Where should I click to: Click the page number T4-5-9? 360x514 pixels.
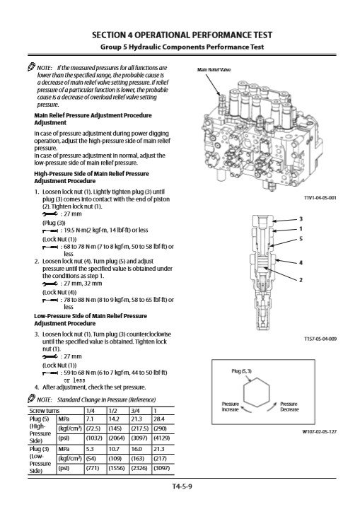[x=182, y=486]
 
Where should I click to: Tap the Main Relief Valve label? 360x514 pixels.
[x=214, y=69]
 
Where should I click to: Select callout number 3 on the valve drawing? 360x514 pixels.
[x=301, y=219]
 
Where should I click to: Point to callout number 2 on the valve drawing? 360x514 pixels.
[x=301, y=279]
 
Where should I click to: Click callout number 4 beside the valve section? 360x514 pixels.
[x=301, y=262]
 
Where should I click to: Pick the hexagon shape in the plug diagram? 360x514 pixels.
[x=257, y=392]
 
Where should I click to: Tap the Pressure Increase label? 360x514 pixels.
[x=231, y=407]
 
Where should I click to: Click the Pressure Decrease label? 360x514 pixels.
[x=289, y=407]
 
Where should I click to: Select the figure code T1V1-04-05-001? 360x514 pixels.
[x=320, y=198]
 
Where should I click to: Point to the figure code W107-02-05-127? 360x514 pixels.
[x=320, y=431]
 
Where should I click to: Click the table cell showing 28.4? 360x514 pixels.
[x=159, y=419]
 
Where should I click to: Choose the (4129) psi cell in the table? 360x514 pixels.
[x=161, y=438]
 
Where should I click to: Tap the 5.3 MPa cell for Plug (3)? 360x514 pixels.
[x=90, y=449]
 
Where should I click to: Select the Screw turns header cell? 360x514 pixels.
[x=45, y=411]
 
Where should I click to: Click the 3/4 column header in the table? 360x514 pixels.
[x=135, y=411]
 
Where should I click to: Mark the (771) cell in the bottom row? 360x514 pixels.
[x=93, y=468]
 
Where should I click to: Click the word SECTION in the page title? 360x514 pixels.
[x=109, y=35]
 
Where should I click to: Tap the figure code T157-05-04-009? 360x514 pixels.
[x=320, y=339]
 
